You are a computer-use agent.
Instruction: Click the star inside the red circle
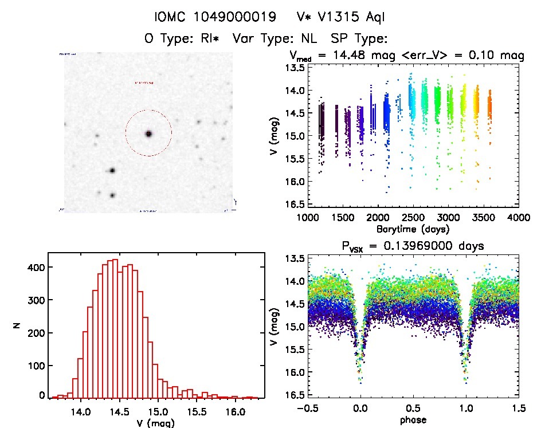pos(148,133)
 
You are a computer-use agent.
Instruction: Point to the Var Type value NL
pos(316,39)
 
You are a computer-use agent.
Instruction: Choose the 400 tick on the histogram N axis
pos(36,267)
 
